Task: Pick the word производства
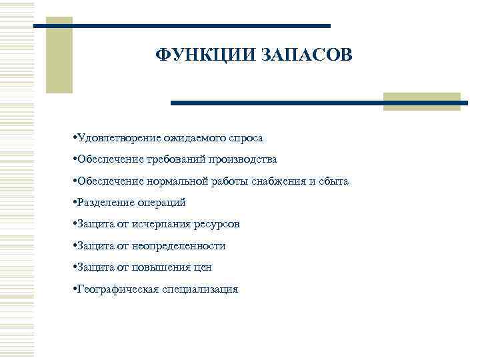(242, 159)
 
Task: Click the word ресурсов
(215, 224)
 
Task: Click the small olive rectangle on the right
(422, 101)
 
